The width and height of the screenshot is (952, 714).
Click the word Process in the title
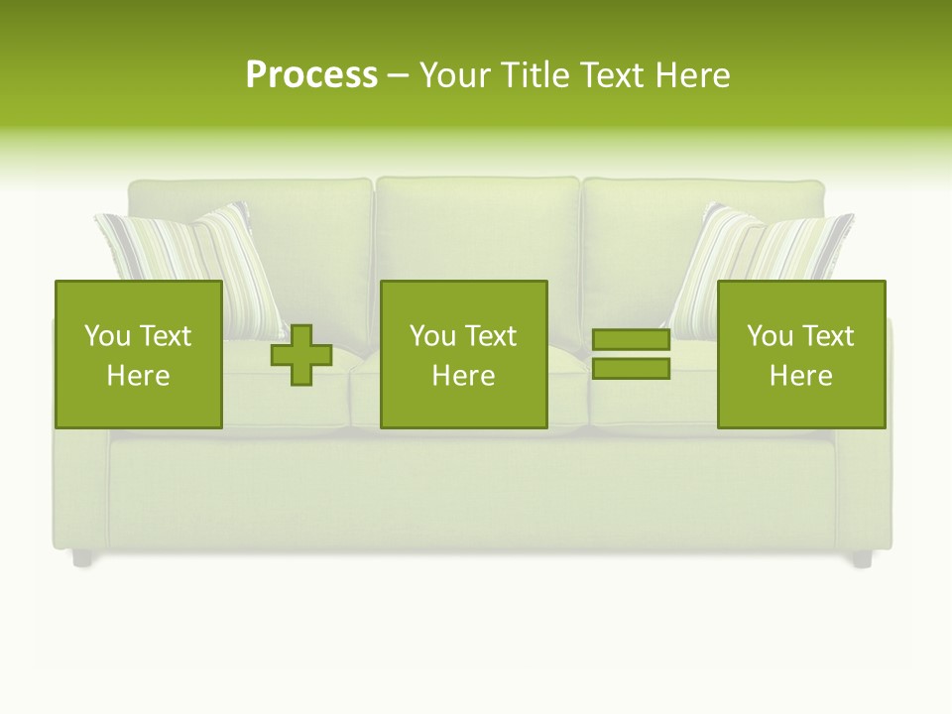(x=311, y=75)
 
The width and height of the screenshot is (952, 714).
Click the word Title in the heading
(x=533, y=75)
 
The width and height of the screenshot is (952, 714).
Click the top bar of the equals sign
(x=631, y=340)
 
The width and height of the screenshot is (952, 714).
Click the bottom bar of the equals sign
(x=631, y=369)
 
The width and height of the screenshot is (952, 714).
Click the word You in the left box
(x=107, y=336)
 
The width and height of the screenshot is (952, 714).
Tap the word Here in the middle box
(x=463, y=376)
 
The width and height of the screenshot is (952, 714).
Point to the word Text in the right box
(x=826, y=336)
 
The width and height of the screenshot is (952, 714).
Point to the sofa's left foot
(x=82, y=558)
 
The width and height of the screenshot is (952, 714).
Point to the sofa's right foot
(x=862, y=558)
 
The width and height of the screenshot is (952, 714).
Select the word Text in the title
(x=610, y=75)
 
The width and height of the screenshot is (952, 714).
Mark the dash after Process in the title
(x=399, y=75)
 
